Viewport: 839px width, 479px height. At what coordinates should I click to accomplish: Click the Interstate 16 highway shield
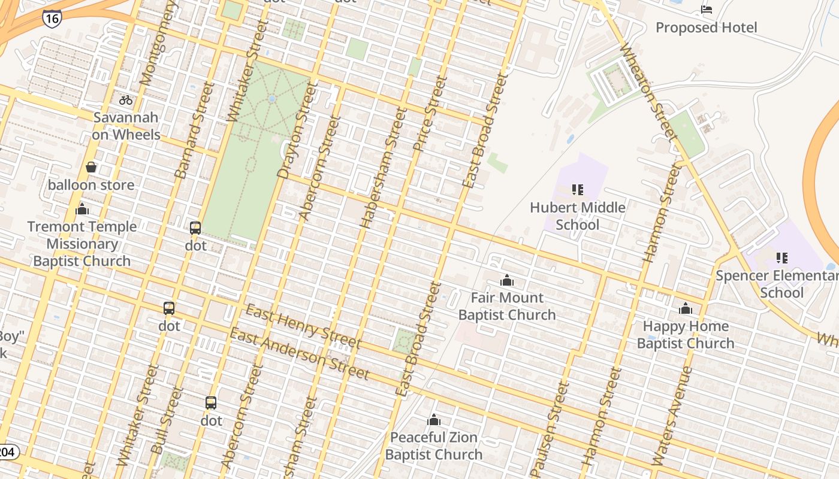[x=52, y=19]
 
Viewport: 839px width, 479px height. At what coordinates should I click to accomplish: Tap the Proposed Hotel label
[x=706, y=28]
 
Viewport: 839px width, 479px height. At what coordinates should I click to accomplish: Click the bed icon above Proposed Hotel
[x=707, y=10]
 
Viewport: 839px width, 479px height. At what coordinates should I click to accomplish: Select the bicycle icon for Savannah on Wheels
[x=126, y=100]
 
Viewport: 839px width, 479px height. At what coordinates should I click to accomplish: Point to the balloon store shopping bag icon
[x=91, y=167]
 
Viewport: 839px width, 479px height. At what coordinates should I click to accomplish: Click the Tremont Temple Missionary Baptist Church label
[x=82, y=244]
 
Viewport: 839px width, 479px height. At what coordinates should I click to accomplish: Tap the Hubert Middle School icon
[x=578, y=190]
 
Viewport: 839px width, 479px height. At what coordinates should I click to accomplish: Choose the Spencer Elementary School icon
[x=781, y=258]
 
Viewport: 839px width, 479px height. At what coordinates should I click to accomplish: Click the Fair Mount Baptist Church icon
[x=507, y=280]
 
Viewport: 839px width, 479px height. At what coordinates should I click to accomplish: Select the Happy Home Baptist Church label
[x=685, y=335]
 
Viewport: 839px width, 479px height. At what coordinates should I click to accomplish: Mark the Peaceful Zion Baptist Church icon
[x=433, y=420]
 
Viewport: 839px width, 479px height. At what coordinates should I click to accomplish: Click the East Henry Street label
[x=303, y=327]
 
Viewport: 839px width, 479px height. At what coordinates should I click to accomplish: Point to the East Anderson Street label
[x=300, y=354]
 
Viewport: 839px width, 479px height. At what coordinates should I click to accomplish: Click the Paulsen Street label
[x=550, y=426]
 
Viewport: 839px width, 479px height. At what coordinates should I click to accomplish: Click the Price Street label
[x=430, y=114]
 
